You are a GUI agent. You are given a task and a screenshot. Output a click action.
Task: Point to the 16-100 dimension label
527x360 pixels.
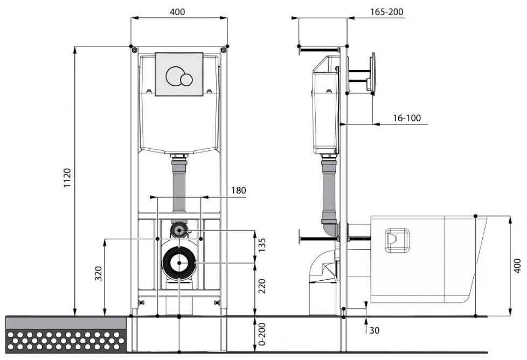[406, 117]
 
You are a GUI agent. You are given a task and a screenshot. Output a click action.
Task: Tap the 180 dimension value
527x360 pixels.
[238, 190]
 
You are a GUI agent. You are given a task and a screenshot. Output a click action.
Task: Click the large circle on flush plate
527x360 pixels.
[175, 76]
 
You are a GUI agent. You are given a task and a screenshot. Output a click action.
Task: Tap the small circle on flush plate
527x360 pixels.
[186, 80]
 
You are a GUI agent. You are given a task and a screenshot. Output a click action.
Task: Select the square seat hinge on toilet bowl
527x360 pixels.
[398, 240]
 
